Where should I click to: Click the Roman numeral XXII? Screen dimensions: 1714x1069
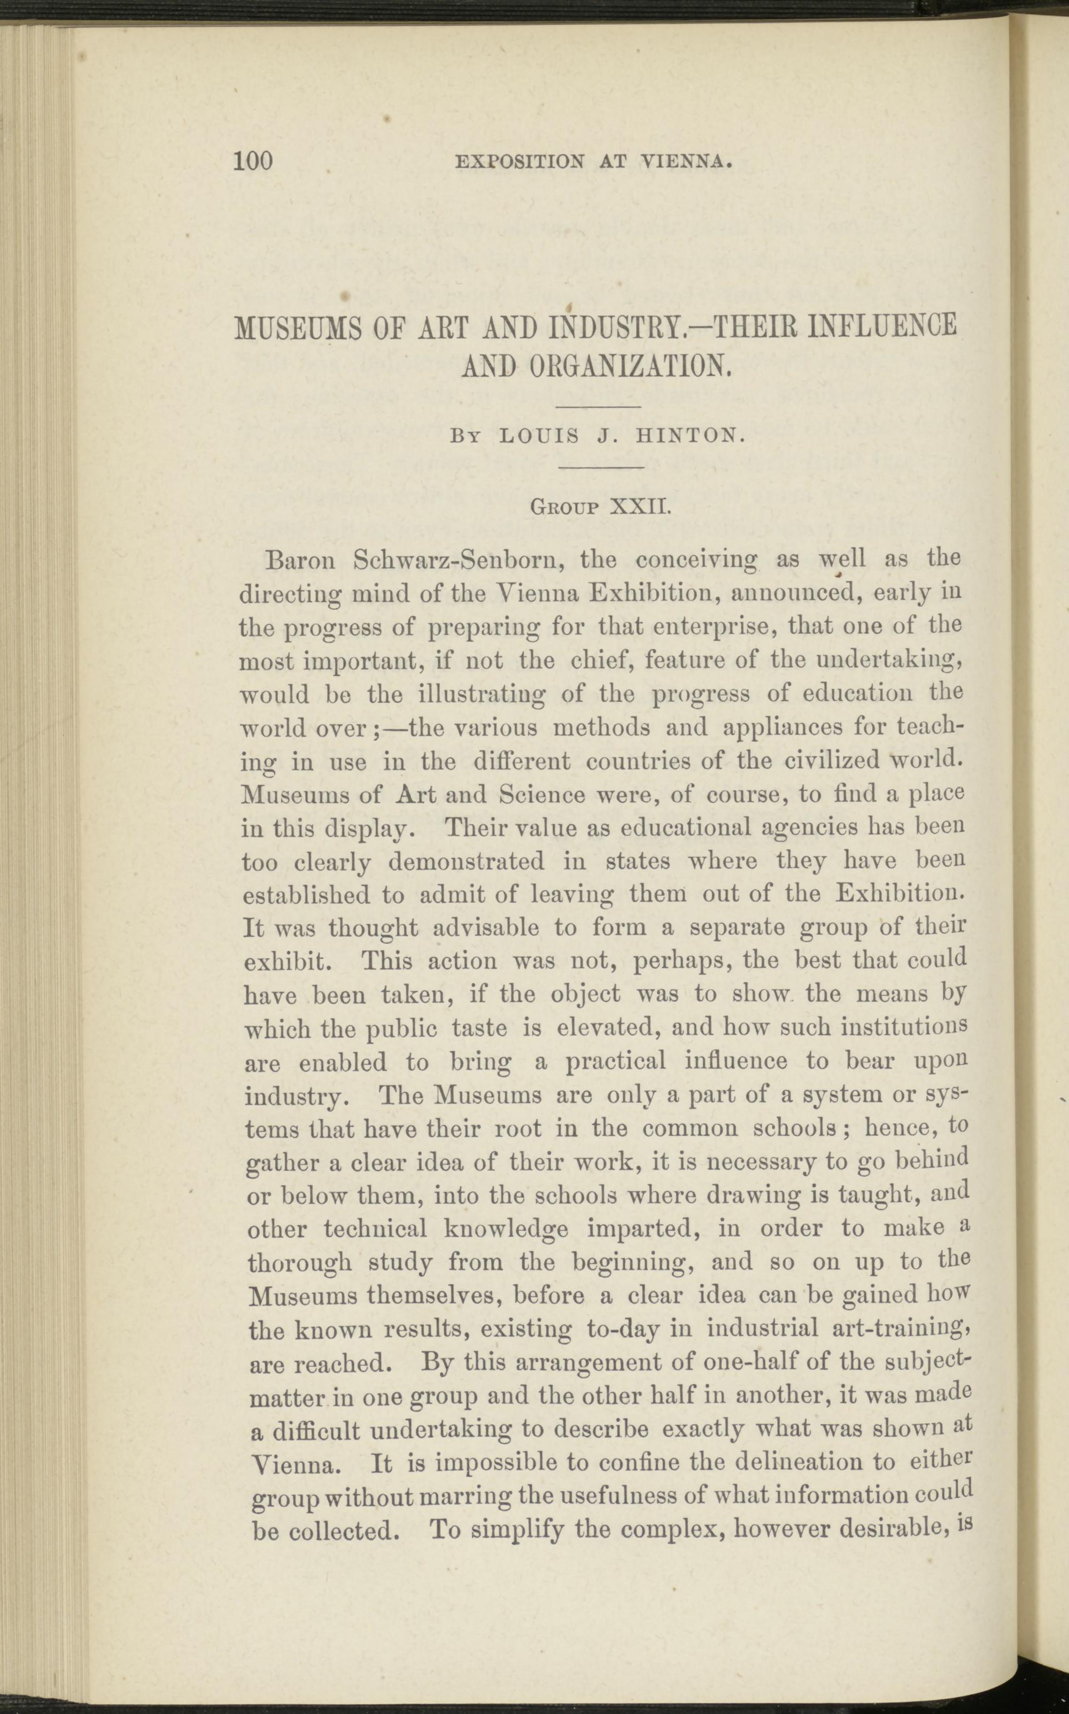640,507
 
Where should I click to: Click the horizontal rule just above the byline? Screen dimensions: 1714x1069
598,408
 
